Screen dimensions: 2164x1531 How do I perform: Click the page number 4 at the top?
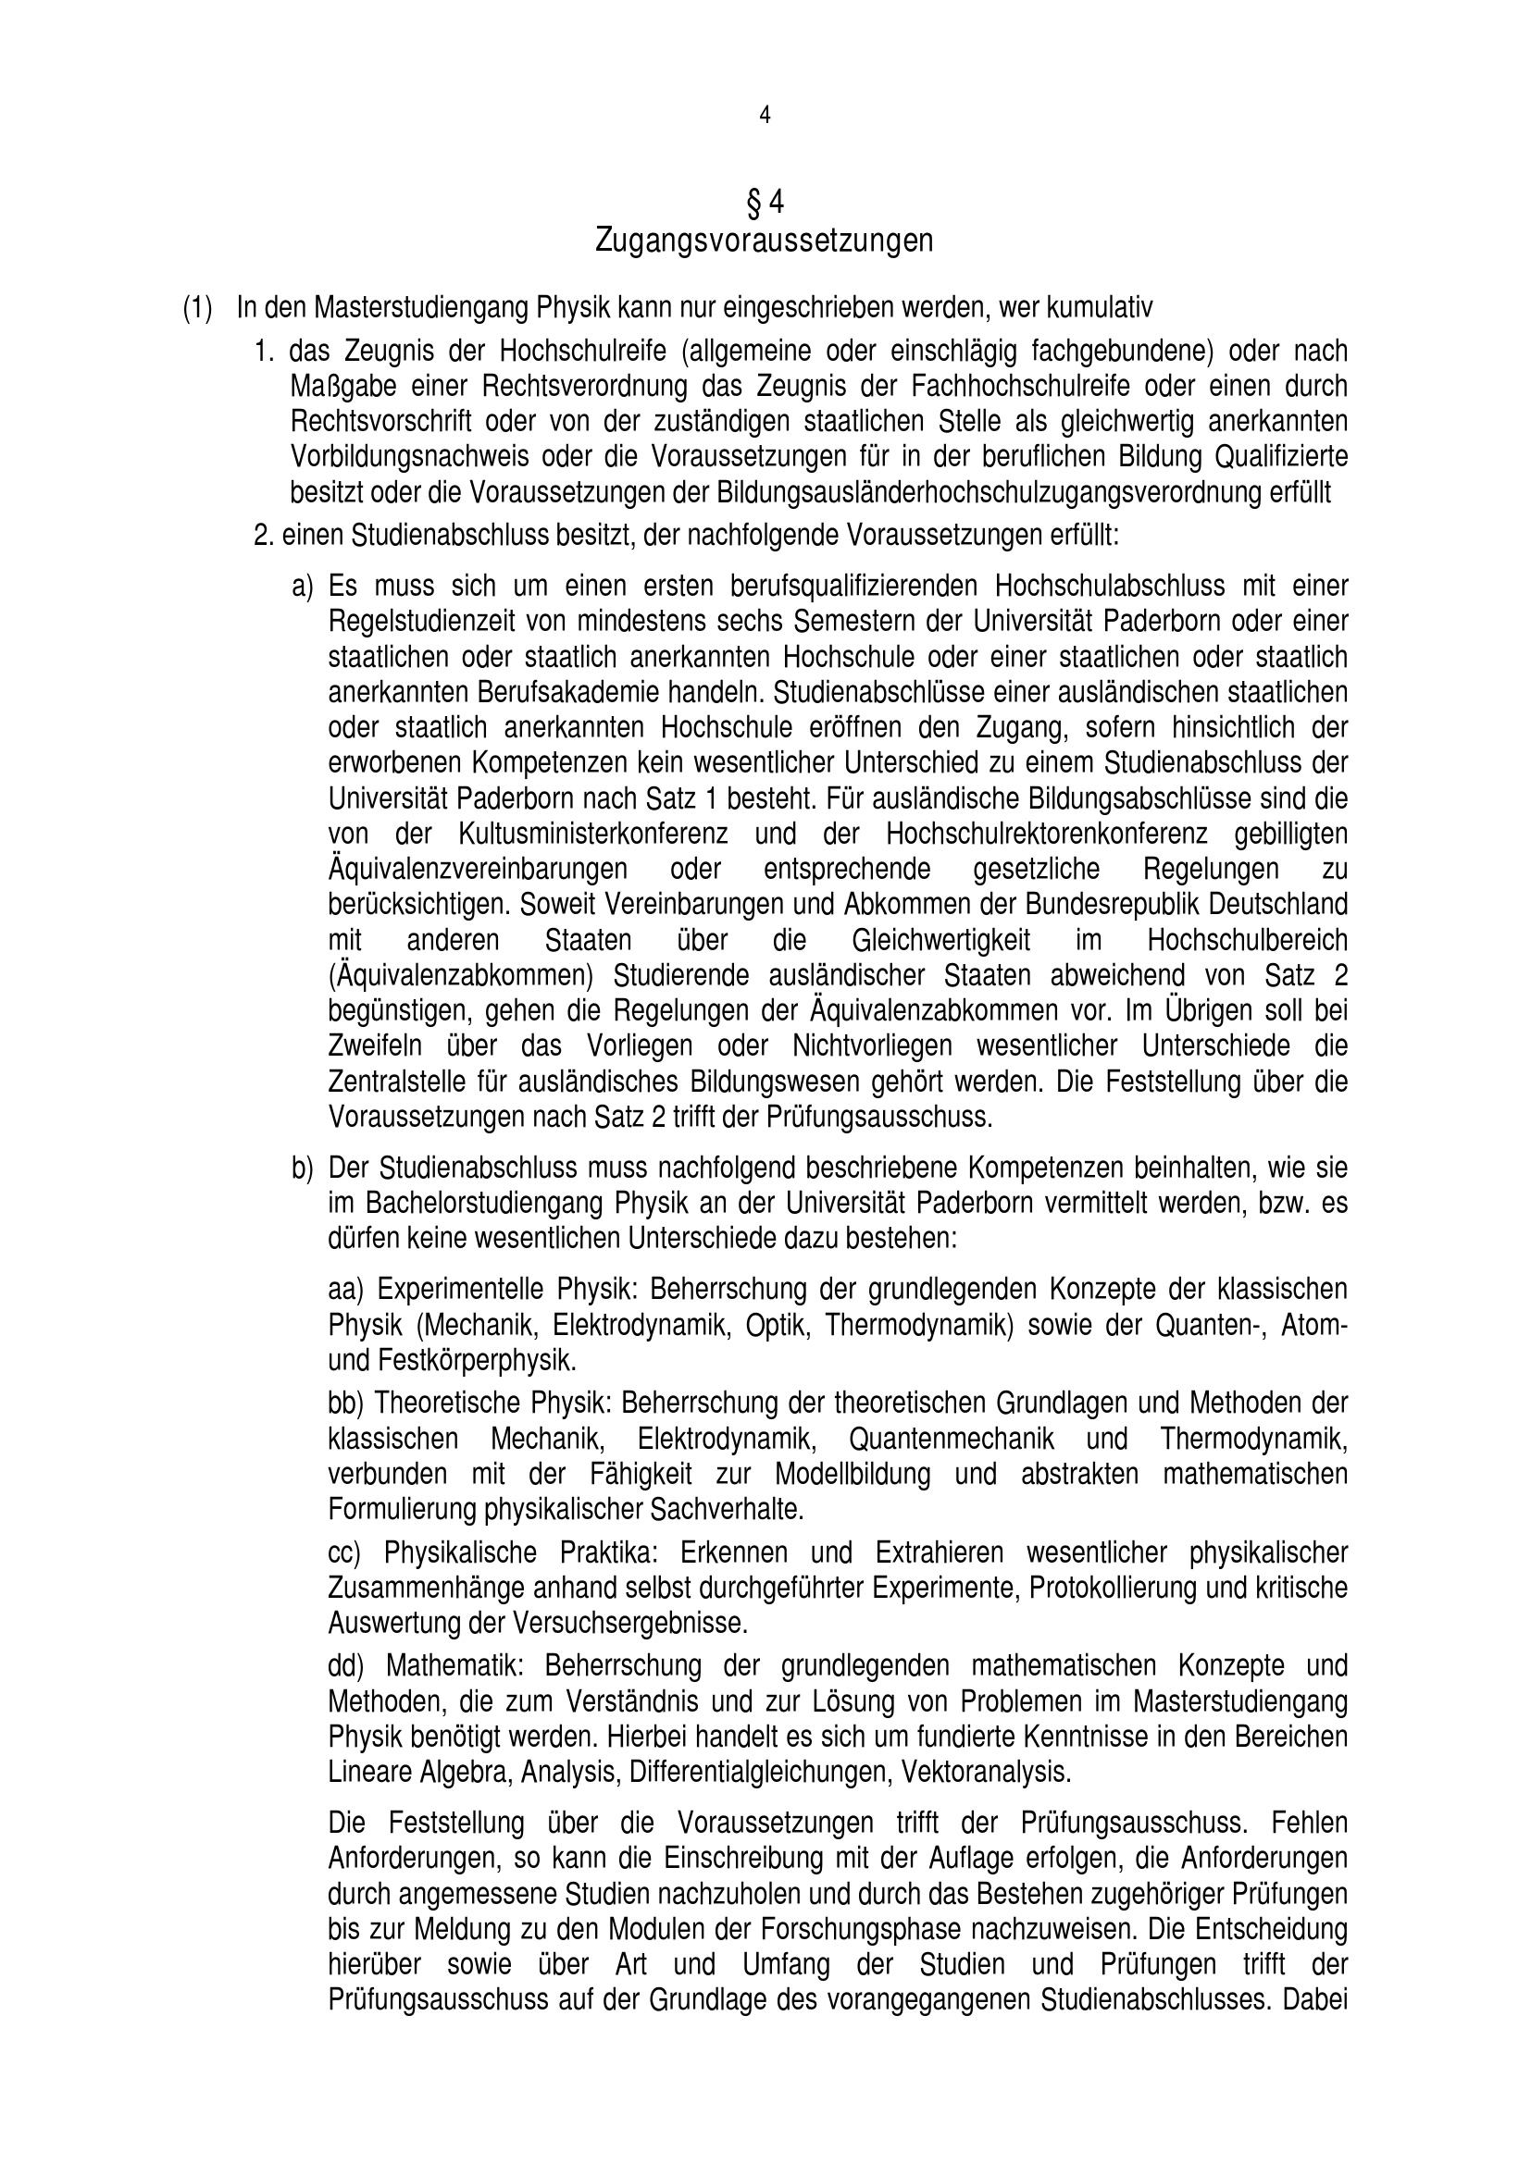765,115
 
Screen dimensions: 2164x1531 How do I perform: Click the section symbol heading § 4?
765,202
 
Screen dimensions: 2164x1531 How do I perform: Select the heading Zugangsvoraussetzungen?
765,241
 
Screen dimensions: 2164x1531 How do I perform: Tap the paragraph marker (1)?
197,308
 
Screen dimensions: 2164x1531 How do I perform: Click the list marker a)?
302,587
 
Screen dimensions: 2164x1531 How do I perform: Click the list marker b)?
302,1169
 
